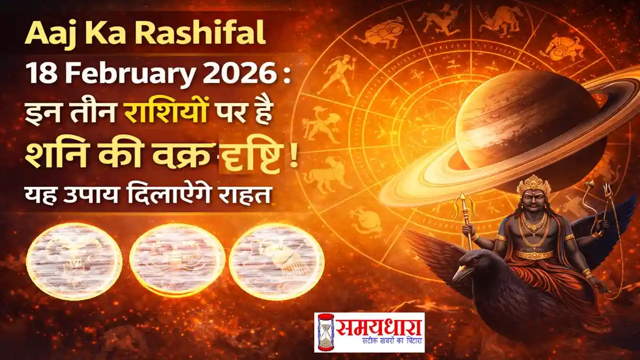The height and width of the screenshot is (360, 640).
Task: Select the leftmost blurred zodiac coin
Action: (x=74, y=261)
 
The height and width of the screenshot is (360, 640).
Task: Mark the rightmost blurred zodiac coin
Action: (x=276, y=261)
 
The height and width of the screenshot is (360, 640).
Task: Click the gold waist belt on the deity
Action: (x=535, y=254)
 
